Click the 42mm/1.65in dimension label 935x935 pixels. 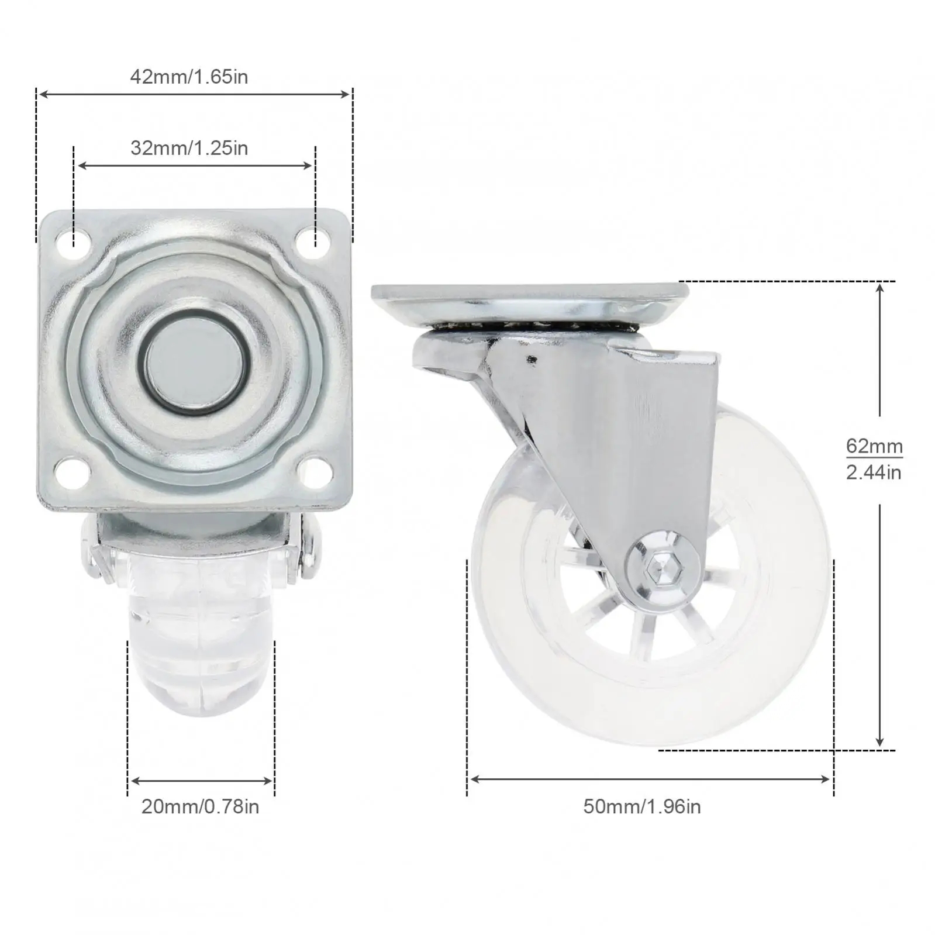tap(189, 77)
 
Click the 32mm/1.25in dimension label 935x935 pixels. tap(189, 148)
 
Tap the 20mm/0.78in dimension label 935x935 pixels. tap(200, 806)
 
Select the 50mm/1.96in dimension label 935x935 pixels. tap(641, 806)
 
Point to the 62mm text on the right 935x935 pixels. tap(874, 446)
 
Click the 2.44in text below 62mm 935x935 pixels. tap(874, 472)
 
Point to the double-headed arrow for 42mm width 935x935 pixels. tap(194, 94)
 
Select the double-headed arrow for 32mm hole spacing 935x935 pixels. tap(195, 166)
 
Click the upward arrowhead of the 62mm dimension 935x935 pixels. tap(880, 288)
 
